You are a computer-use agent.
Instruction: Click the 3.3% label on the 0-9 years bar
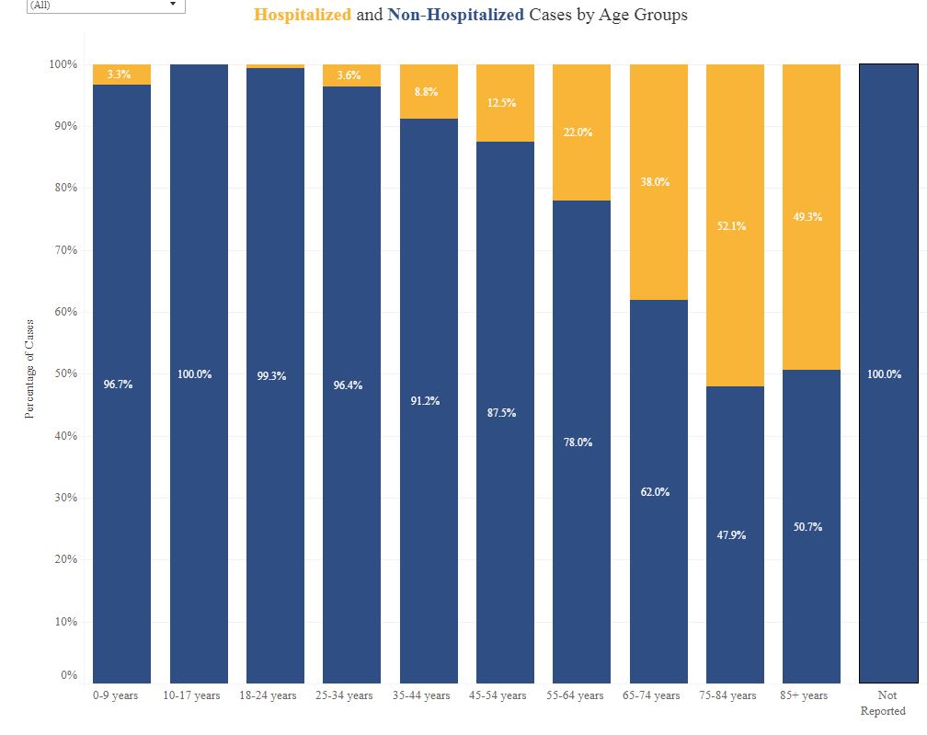coord(119,75)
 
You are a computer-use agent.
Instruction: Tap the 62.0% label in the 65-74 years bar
coord(656,492)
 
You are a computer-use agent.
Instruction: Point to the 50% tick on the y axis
coord(63,373)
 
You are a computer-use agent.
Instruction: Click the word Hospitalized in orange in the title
coord(303,16)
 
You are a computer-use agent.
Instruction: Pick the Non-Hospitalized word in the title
coord(456,16)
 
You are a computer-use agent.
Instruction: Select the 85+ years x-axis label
coord(804,695)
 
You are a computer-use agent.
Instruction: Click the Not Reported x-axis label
coord(883,703)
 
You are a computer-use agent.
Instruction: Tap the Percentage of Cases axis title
coord(29,369)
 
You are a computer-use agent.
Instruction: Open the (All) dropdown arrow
coord(173,5)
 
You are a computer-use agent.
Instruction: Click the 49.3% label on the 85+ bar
coord(807,217)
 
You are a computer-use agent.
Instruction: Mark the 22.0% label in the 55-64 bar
coord(578,132)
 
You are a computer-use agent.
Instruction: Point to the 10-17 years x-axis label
coord(191,695)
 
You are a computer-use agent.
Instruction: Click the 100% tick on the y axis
coord(63,64)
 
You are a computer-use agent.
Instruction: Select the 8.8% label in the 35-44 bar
coord(426,92)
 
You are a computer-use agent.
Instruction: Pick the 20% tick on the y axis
coord(63,559)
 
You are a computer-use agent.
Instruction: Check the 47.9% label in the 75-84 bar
coord(732,535)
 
